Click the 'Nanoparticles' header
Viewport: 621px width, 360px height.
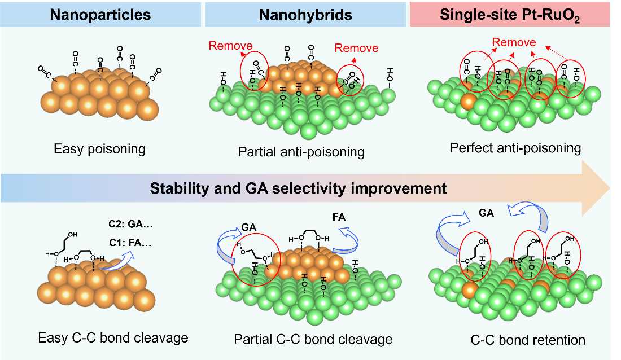pyautogui.click(x=100, y=14)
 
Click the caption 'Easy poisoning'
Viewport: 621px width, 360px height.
pyautogui.click(x=99, y=150)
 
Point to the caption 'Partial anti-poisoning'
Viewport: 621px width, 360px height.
pyautogui.click(x=301, y=152)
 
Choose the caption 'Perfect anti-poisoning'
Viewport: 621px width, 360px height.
pyautogui.click(x=515, y=148)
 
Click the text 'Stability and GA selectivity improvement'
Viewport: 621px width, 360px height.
pyautogui.click(x=298, y=188)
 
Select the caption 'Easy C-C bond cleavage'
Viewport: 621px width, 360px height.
pyautogui.click(x=113, y=338)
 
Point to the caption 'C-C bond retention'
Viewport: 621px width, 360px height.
pyautogui.click(x=528, y=340)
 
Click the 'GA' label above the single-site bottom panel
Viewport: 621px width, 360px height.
pyautogui.click(x=486, y=214)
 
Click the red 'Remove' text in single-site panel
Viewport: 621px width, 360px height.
pyautogui.click(x=514, y=42)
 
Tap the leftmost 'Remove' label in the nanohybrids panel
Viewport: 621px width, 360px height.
pyautogui.click(x=230, y=46)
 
